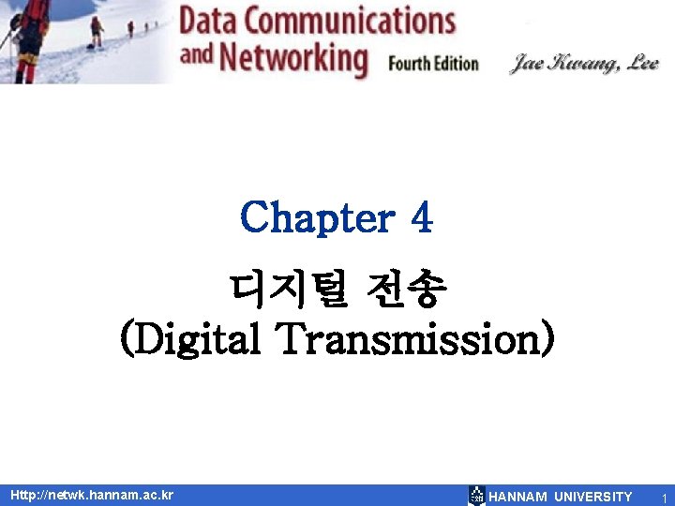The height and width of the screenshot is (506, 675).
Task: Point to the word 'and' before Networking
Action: [196, 55]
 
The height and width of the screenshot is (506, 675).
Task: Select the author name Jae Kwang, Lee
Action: [584, 64]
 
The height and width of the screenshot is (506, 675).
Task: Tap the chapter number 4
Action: [421, 218]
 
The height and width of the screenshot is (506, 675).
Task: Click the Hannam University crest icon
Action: [476, 496]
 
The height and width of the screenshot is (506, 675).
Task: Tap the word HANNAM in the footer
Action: [518, 496]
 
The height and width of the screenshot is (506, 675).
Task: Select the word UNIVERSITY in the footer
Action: [593, 496]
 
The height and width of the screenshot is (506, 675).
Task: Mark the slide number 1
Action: [664, 497]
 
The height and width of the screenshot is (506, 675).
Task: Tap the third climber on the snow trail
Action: [130, 28]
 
